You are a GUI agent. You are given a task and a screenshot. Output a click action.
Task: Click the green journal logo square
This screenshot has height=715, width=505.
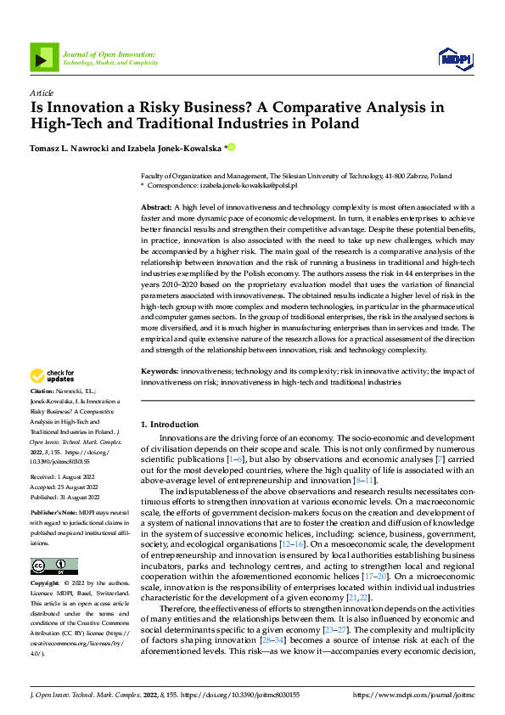(x=44, y=57)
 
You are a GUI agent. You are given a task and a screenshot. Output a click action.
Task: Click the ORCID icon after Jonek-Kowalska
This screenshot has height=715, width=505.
(x=231, y=147)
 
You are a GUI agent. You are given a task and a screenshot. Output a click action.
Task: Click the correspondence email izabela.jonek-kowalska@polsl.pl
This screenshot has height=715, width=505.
(x=248, y=184)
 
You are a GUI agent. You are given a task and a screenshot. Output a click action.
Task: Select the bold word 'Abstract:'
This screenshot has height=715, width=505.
(x=157, y=207)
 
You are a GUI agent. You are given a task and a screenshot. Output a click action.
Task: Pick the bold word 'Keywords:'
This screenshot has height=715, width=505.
(x=160, y=372)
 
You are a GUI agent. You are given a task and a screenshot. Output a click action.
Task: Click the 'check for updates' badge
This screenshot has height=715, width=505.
(x=53, y=376)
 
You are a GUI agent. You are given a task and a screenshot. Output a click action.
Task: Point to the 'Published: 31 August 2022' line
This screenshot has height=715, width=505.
(x=65, y=497)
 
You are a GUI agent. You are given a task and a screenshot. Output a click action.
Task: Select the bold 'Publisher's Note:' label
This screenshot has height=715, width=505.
(x=54, y=514)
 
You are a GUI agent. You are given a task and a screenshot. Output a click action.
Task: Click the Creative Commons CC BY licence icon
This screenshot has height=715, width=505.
(x=53, y=543)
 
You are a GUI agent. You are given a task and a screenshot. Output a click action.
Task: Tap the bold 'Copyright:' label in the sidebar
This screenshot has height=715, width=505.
(x=46, y=560)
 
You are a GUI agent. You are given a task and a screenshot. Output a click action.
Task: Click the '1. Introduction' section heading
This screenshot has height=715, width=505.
(x=170, y=424)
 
